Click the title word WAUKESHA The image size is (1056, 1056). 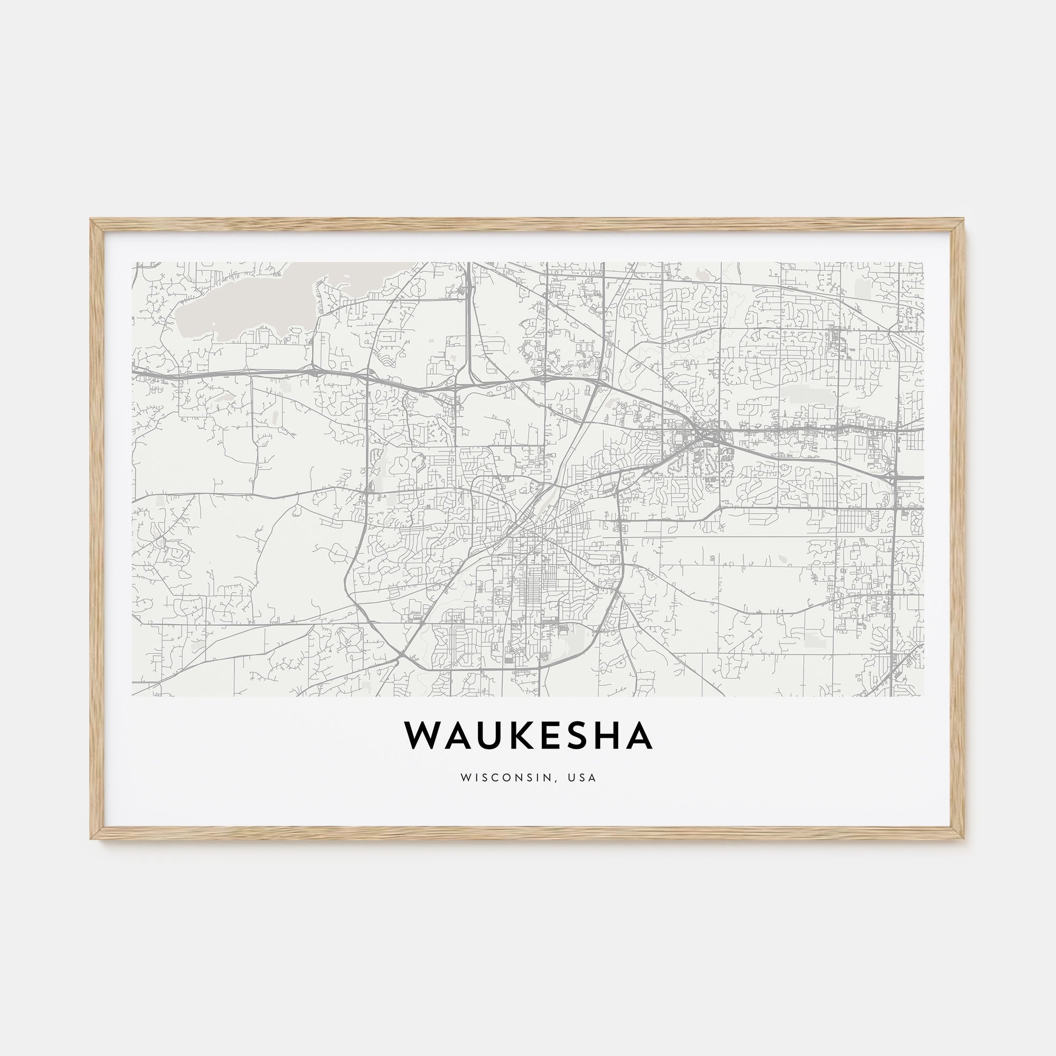(x=528, y=736)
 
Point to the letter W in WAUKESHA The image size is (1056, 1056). (x=423, y=736)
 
